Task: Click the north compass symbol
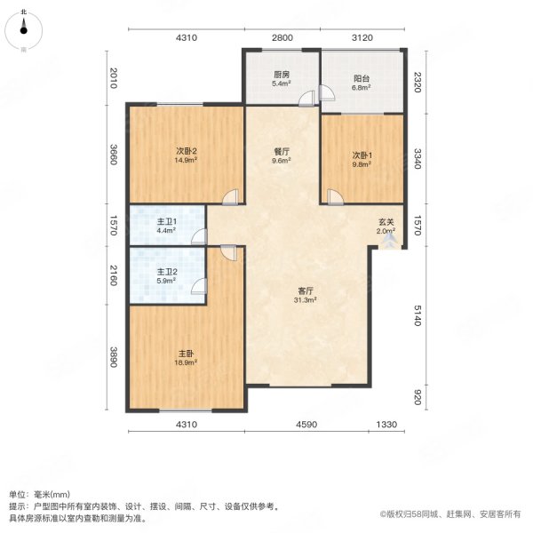pyautogui.click(x=23, y=30)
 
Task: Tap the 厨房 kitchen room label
pyautogui.click(x=282, y=74)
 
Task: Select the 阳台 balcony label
pyautogui.click(x=362, y=78)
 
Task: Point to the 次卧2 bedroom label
pyautogui.click(x=187, y=151)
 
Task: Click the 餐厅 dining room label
pyautogui.click(x=282, y=152)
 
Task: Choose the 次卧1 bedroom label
pyautogui.click(x=362, y=155)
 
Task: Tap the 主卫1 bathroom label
pyautogui.click(x=167, y=221)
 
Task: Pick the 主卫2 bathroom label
pyautogui.click(x=167, y=272)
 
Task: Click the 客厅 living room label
pyautogui.click(x=306, y=291)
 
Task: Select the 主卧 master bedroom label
pyautogui.click(x=187, y=354)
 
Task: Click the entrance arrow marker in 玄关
pyautogui.click(x=387, y=242)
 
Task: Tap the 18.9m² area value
pyautogui.click(x=186, y=362)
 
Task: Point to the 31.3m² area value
pyautogui.click(x=306, y=300)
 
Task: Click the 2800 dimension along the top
pyautogui.click(x=282, y=37)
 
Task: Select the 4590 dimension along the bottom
pyautogui.click(x=306, y=425)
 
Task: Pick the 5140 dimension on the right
pyautogui.click(x=418, y=315)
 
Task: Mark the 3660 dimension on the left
pyautogui.click(x=114, y=155)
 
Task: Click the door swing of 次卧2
pyautogui.click(x=231, y=197)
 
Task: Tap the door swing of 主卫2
pyautogui.click(x=199, y=286)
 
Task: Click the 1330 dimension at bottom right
pyautogui.click(x=386, y=425)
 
